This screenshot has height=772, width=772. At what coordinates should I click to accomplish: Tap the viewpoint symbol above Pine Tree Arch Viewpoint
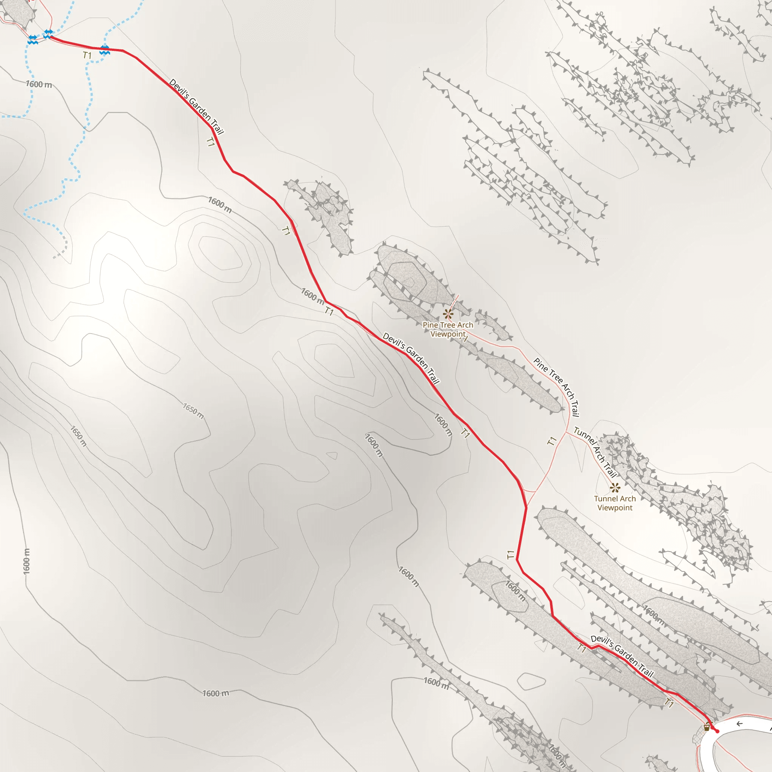click(x=448, y=314)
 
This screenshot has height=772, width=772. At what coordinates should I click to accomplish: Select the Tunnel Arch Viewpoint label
click(x=614, y=503)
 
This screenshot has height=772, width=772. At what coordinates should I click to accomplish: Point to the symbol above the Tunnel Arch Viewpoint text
click(x=615, y=487)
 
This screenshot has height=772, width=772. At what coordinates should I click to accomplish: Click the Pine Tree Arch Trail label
click(x=557, y=387)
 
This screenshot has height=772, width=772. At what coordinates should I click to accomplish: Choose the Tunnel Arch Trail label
click(x=595, y=452)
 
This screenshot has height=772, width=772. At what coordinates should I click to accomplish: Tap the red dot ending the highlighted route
click(x=717, y=731)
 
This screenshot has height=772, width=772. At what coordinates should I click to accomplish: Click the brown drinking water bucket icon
click(x=706, y=727)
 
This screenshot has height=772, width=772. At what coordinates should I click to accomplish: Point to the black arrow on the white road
click(x=739, y=724)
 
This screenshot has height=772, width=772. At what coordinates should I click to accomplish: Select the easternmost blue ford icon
click(x=105, y=51)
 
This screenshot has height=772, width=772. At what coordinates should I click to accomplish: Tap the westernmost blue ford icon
click(x=33, y=40)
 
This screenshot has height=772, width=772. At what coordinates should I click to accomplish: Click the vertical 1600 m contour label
click(x=26, y=561)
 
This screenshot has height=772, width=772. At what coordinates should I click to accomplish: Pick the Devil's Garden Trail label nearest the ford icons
click(x=196, y=106)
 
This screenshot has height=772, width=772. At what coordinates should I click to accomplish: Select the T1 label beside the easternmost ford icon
click(x=87, y=55)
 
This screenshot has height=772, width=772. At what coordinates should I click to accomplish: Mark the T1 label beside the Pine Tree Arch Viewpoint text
click(x=464, y=339)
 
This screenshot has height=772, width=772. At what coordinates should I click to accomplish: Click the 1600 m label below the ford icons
click(x=39, y=84)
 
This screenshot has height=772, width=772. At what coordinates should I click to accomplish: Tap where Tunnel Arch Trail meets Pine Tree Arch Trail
click(x=566, y=432)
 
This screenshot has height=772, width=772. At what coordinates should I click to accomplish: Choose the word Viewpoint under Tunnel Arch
click(x=614, y=508)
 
